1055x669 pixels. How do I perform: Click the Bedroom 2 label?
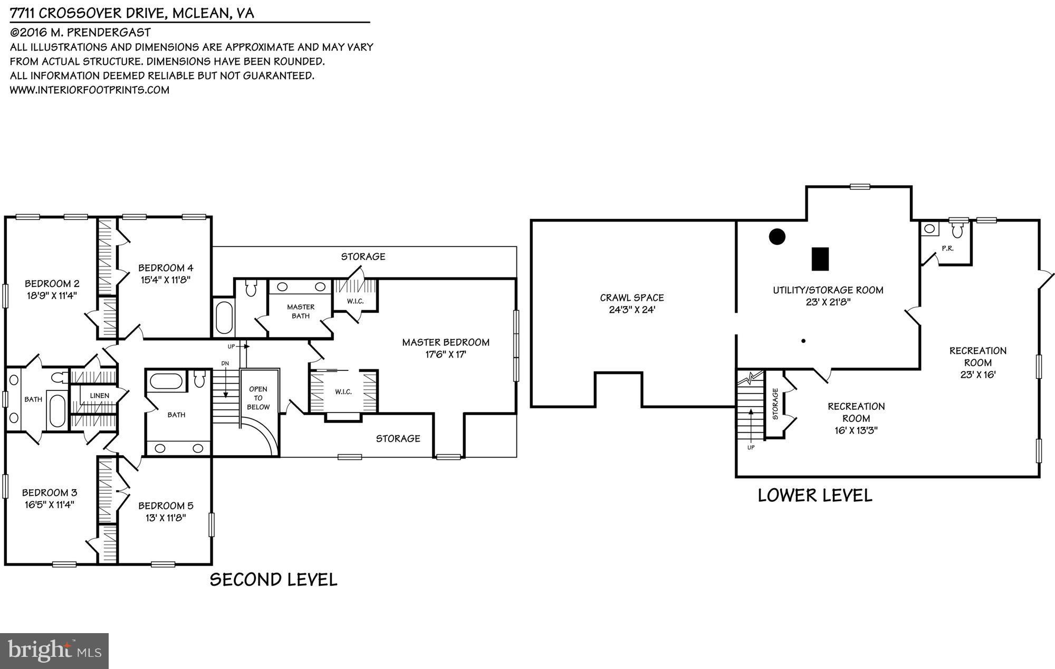(52, 283)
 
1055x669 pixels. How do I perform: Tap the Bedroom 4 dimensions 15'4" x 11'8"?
(165, 280)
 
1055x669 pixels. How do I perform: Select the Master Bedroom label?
(445, 342)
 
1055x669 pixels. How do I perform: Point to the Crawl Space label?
(631, 298)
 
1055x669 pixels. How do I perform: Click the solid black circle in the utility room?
(777, 236)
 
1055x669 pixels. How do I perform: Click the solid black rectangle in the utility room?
(820, 259)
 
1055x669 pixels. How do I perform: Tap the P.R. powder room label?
(947, 248)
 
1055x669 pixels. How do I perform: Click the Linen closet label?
(99, 395)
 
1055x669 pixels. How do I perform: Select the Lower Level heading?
(814, 495)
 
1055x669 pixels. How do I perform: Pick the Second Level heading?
(273, 579)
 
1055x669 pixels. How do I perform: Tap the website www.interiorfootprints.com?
(90, 90)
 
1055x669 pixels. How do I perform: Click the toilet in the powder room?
(958, 230)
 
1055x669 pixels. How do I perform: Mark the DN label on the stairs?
(225, 364)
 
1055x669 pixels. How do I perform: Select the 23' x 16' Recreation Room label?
(977, 362)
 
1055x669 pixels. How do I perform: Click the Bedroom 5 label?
(165, 505)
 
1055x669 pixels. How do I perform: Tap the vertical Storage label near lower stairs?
(775, 404)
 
